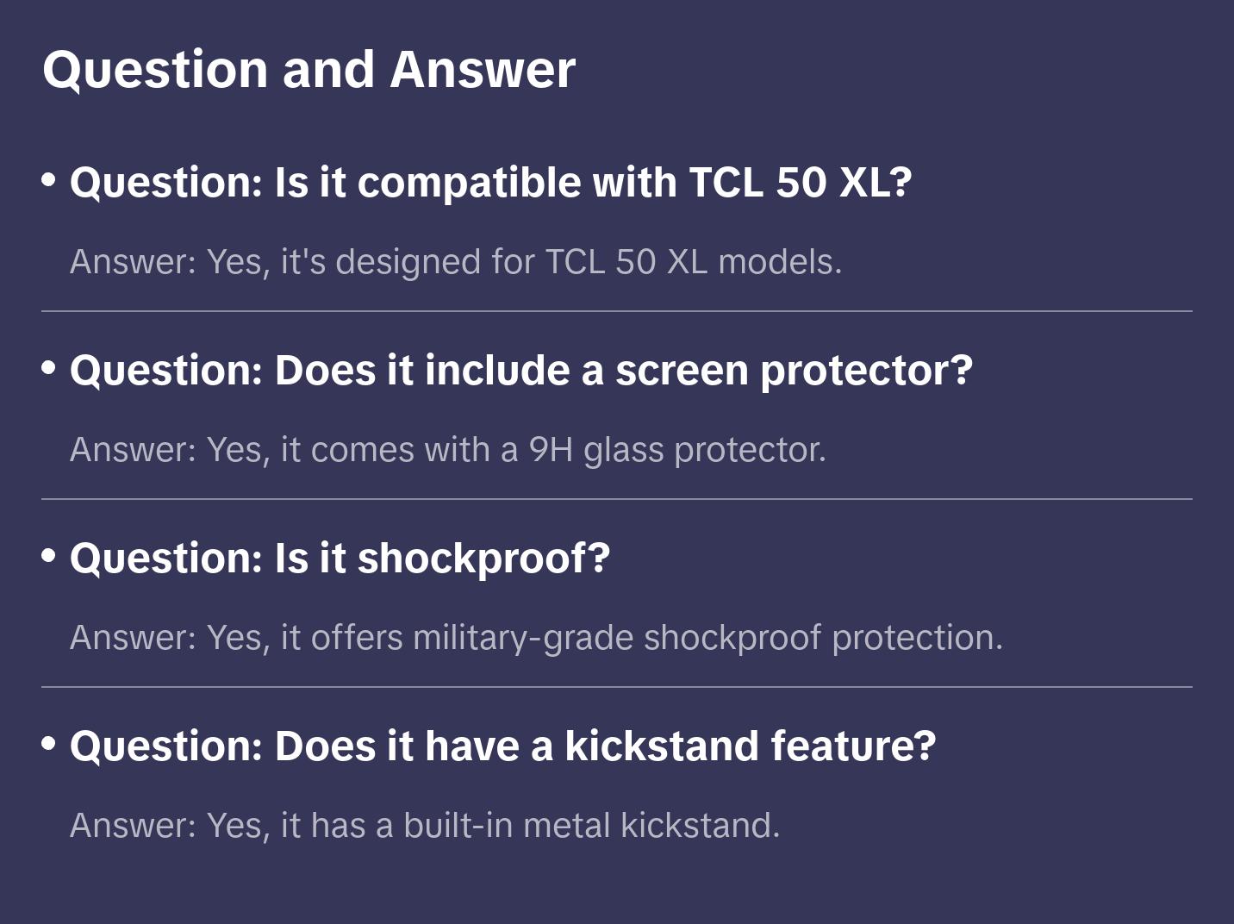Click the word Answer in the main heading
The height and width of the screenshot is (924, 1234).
point(482,69)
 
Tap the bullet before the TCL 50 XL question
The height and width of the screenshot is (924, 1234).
point(49,180)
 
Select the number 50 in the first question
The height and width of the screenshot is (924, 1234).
point(801,183)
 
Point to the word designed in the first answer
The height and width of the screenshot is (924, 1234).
point(408,262)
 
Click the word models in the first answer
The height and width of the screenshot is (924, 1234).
point(779,262)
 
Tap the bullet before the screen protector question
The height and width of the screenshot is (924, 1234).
point(49,368)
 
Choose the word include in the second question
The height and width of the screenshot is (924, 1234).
point(497,371)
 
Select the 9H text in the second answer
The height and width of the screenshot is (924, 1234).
point(551,450)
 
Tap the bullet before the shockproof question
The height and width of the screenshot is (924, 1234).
point(49,556)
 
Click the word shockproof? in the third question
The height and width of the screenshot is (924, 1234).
point(483,559)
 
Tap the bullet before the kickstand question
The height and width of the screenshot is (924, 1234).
point(49,744)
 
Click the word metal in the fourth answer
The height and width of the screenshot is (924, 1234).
point(566,826)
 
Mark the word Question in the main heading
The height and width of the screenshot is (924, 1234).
point(155,69)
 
